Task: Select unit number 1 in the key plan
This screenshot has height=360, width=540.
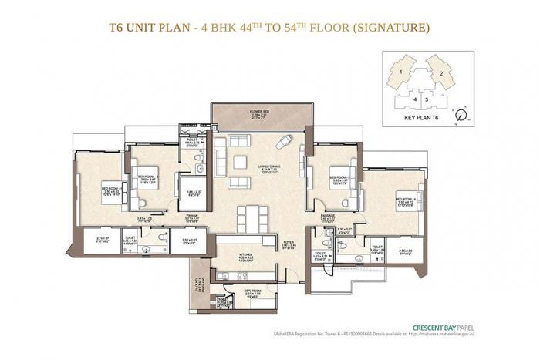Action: [x=403, y=72]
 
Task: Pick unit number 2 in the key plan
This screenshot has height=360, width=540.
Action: [x=439, y=72]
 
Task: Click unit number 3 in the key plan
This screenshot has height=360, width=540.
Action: [x=425, y=98]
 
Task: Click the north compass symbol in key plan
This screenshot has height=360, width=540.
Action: [x=462, y=116]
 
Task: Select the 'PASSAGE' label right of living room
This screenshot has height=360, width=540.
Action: [x=327, y=218]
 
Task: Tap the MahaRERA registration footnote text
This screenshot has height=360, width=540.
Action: [x=402, y=335]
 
